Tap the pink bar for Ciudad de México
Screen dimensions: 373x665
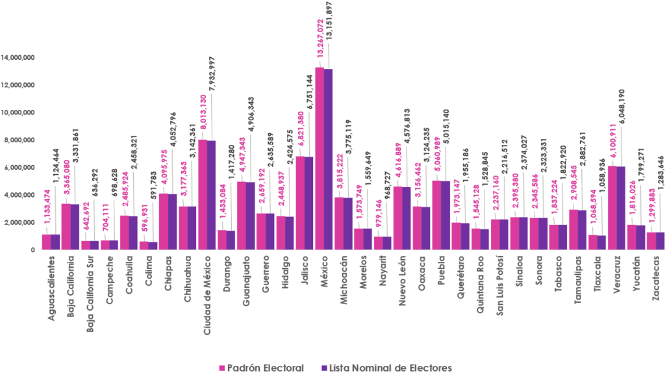(203, 194)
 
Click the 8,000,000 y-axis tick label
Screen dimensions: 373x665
(19, 140)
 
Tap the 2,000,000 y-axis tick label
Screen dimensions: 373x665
(19, 222)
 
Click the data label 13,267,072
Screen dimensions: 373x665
(320, 39)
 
